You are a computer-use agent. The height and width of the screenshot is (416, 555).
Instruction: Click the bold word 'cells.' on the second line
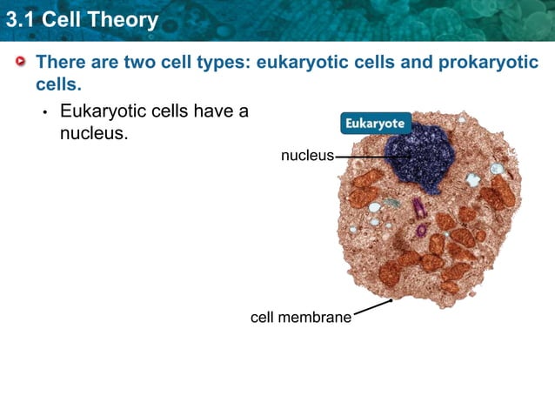[58, 84]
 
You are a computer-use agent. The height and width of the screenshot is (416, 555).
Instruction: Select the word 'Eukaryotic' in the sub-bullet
[103, 111]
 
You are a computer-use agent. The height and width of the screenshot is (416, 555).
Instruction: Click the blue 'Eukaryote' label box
[374, 124]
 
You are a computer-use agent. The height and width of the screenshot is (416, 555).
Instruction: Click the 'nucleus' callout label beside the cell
[306, 156]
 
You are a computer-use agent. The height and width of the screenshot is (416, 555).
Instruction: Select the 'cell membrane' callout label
[301, 318]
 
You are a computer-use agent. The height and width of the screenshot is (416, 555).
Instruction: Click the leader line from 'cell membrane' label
[372, 308]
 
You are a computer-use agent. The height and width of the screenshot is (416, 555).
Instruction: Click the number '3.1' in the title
[19, 19]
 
